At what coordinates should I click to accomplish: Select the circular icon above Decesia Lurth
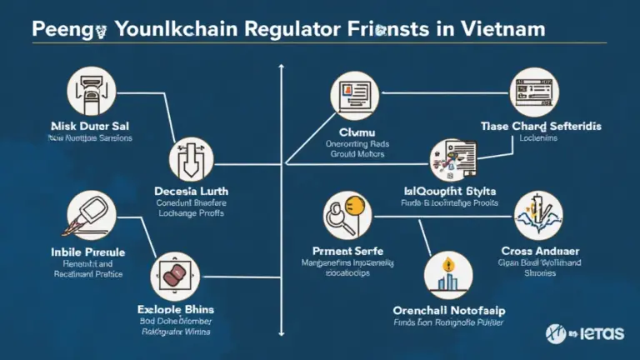[191, 161]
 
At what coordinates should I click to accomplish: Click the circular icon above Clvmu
[353, 96]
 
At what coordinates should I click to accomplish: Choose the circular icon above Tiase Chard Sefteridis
[531, 92]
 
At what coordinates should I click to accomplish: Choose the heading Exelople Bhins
[174, 308]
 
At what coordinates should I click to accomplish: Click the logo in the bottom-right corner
[583, 332]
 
